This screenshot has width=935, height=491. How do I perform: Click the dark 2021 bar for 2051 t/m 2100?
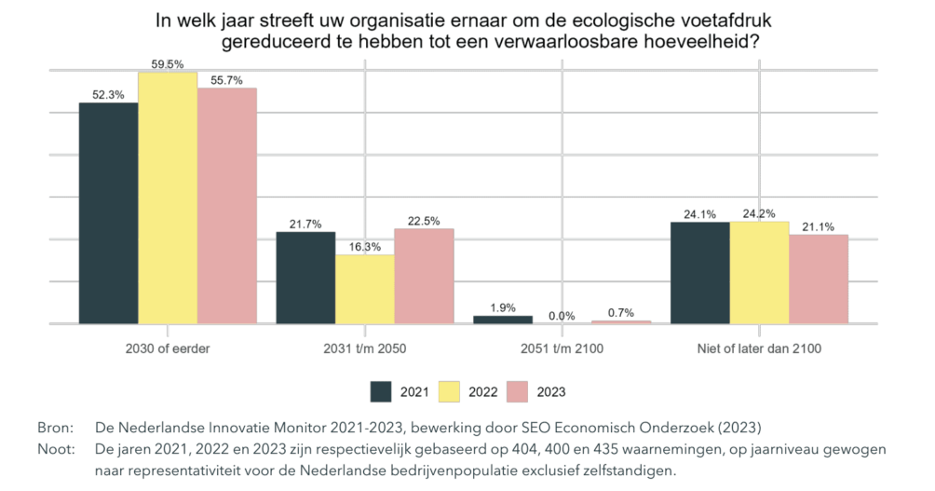[503, 320]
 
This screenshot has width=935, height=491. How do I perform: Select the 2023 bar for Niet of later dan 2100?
[819, 279]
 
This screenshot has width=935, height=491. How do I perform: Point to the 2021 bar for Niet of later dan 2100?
[700, 272]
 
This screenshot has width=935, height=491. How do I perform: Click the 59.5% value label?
[168, 64]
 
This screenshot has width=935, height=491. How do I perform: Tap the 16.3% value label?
[365, 247]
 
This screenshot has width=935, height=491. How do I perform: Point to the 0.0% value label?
[562, 316]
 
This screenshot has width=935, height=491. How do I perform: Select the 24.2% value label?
[760, 214]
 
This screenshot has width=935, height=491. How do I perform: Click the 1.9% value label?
[503, 307]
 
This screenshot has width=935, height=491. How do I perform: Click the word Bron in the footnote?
[53, 428]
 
